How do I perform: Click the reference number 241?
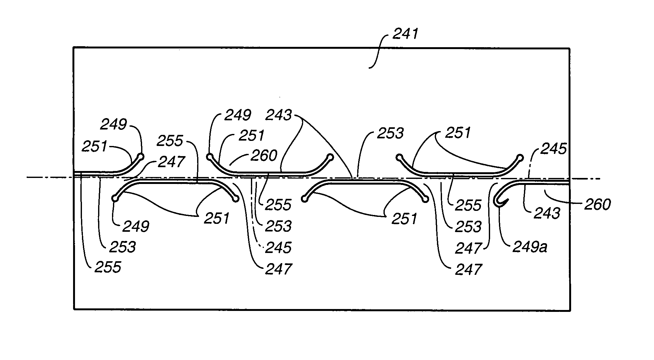coord(405,34)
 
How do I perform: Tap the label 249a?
coord(530,247)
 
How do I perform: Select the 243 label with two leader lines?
coord(278,115)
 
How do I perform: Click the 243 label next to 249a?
coord(547,214)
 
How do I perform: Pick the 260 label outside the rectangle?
coord(597,205)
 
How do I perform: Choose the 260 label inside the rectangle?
coord(264,156)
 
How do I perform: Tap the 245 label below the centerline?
coord(278,247)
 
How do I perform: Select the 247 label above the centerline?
coord(171,162)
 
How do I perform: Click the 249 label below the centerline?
coord(136,226)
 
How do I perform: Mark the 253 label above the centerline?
coord(390,134)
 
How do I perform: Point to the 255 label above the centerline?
coord(170,141)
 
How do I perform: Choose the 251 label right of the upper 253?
coord(458,133)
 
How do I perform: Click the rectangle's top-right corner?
coord(570,48)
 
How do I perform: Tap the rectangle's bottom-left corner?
coord(74,309)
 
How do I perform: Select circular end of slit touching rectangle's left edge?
coord(141,156)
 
